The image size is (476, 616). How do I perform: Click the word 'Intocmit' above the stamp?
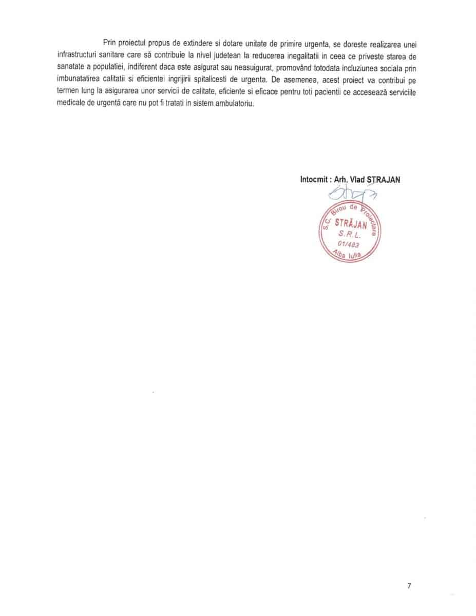pos(315,179)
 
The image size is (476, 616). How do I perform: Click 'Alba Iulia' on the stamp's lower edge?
pos(349,256)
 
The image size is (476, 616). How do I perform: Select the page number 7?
pos(409,586)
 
